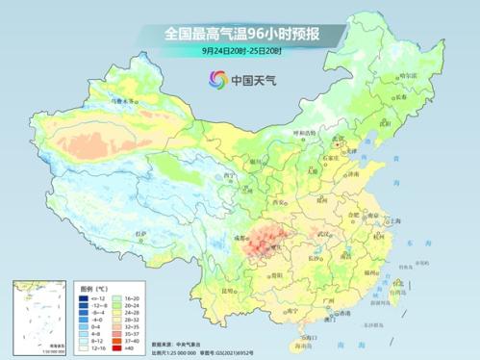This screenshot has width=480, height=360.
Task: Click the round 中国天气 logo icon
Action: tap(215, 80)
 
